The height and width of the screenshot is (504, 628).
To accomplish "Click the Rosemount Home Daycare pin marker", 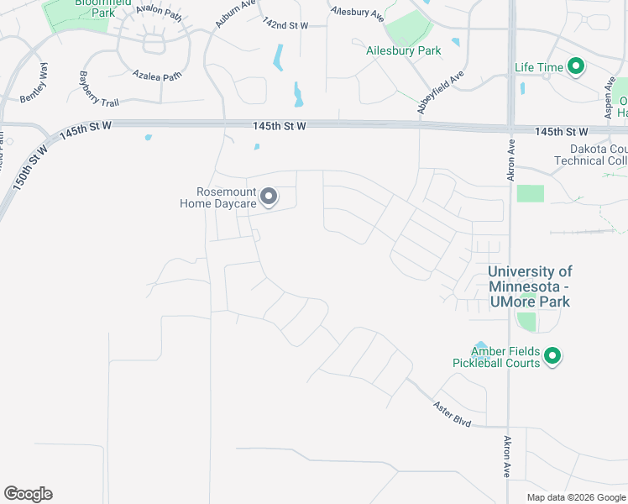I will pos(269,197).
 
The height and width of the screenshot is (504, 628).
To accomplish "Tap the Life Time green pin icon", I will pos(575,66).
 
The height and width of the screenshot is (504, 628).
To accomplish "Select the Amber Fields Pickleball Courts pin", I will pos(552,356).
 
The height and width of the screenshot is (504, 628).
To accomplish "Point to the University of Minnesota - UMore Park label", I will pos(529,286).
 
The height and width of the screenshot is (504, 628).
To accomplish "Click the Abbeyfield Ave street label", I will pos(440,92).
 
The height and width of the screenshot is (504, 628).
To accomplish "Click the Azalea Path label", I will pos(157,76).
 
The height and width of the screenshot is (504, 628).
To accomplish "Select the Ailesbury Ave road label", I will pos(358,13).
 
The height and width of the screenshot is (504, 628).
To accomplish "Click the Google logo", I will pos(28,494).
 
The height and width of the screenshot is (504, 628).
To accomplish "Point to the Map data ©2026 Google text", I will pos(575,497).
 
